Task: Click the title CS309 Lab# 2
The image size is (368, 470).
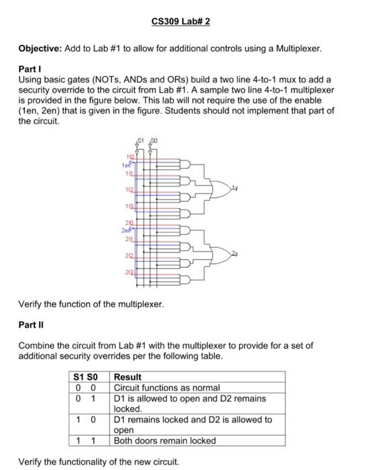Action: (181, 21)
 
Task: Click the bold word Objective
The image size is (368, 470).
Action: (39, 49)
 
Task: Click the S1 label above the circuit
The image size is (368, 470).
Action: (140, 138)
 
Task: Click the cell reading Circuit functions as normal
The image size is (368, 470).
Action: (167, 387)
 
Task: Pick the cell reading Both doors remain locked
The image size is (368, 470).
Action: (165, 440)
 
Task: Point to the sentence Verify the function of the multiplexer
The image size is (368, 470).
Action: (91, 304)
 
